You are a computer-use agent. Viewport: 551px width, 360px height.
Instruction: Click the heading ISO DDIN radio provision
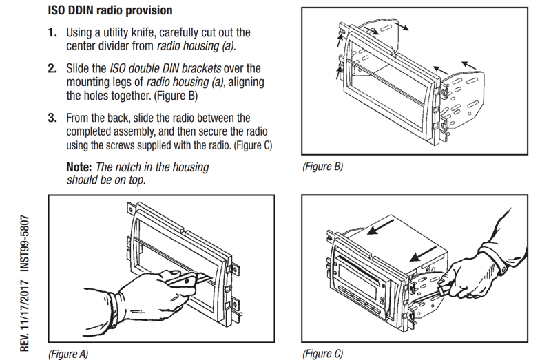(110, 11)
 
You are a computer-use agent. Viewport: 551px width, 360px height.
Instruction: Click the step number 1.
(52, 33)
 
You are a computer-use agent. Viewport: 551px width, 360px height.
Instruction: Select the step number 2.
(52, 69)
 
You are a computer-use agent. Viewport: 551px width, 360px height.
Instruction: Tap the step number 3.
(52, 118)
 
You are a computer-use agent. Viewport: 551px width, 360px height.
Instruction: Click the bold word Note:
(79, 167)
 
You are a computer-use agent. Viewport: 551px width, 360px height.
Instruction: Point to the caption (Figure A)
(68, 354)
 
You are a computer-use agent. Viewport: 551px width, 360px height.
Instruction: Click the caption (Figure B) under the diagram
(322, 167)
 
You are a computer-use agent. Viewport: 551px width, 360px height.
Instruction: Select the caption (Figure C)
(322, 354)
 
